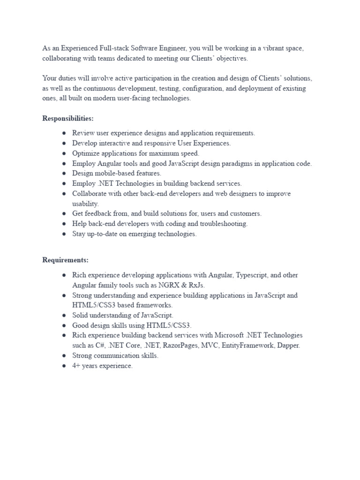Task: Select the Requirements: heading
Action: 66,260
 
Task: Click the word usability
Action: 85,204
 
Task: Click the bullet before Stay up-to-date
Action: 63,234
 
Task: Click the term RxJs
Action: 196,285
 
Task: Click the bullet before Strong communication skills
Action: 63,356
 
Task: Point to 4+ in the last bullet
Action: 76,366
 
